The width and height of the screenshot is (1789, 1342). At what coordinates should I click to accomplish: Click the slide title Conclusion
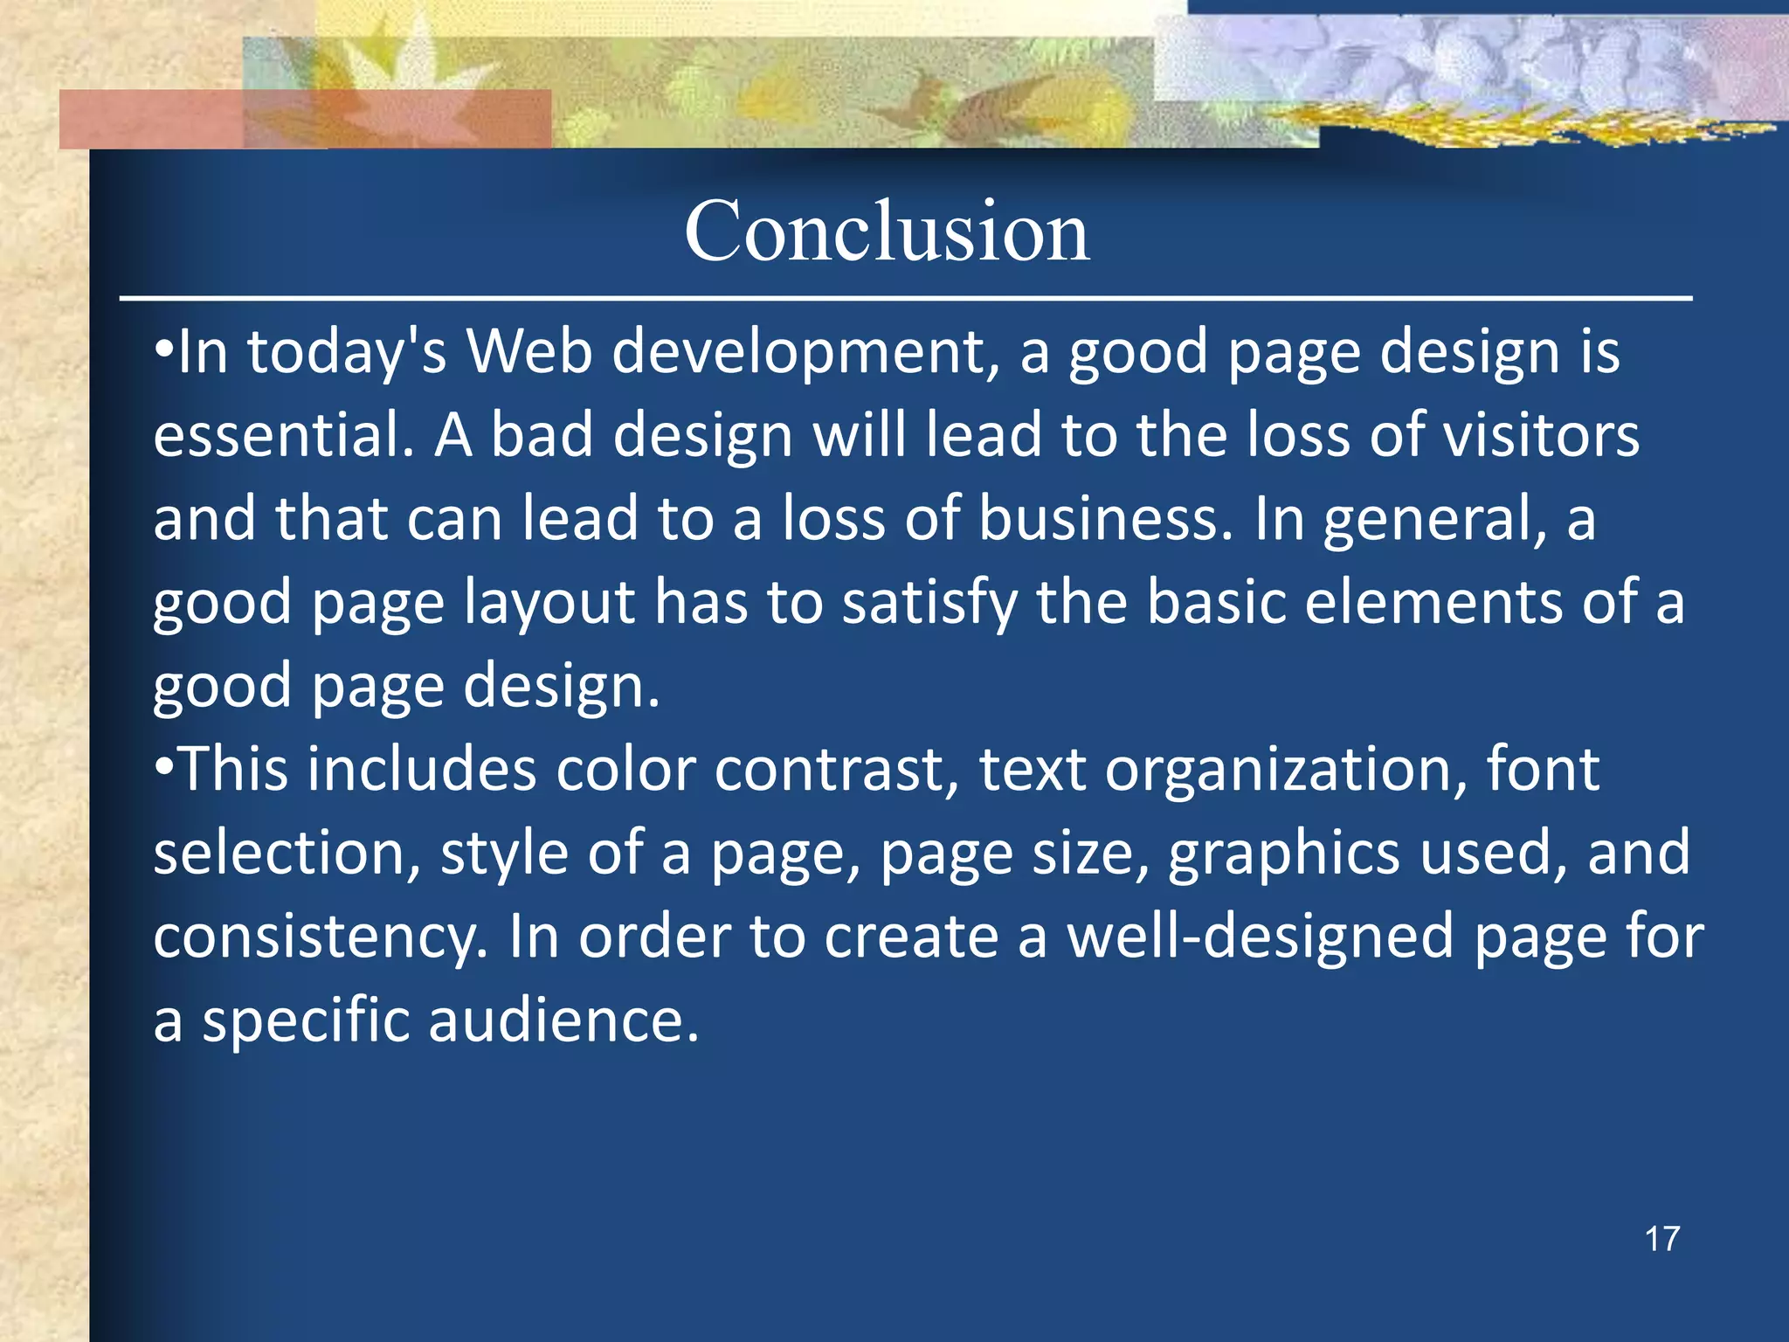(887, 232)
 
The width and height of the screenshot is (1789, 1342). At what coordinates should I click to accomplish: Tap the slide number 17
(1661, 1239)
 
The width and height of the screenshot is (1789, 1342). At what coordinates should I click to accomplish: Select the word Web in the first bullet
(529, 352)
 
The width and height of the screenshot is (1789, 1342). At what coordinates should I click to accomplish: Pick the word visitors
(1541, 435)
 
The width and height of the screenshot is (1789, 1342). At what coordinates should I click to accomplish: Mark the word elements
(1432, 603)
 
